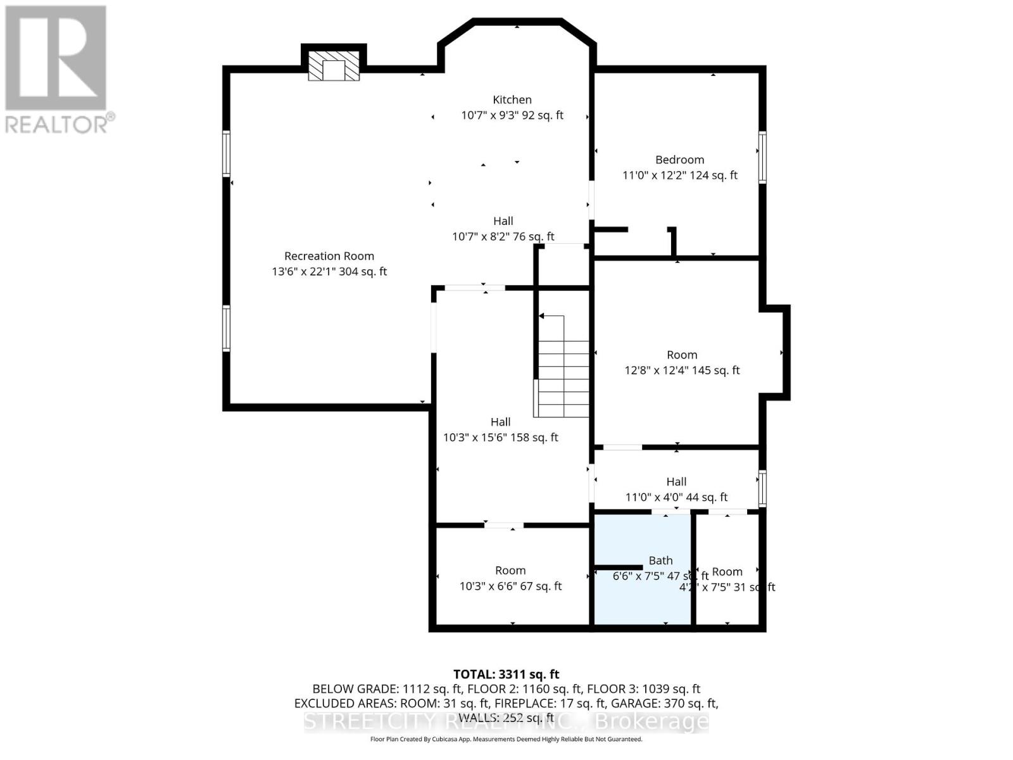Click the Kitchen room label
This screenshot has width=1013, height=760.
[x=512, y=100]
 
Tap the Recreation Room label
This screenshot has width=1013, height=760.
[x=329, y=256]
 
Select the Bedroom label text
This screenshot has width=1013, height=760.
[x=679, y=160]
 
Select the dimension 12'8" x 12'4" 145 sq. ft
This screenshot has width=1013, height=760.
[x=682, y=370]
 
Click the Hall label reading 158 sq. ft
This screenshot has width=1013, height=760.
[x=500, y=422]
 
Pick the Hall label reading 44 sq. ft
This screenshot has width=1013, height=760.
[x=676, y=482]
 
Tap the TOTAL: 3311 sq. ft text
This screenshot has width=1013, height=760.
[x=506, y=674]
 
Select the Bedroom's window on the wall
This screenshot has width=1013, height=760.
[x=762, y=157]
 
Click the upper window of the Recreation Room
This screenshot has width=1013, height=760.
[x=226, y=153]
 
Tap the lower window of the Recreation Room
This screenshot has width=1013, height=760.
[x=226, y=328]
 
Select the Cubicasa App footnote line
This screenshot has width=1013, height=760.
[x=506, y=739]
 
